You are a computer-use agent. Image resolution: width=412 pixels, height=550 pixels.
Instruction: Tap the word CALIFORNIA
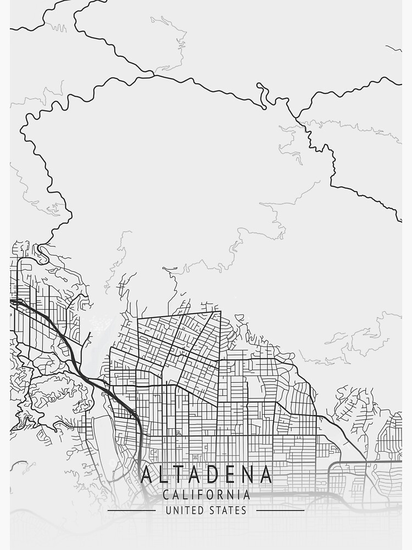pos(206,495)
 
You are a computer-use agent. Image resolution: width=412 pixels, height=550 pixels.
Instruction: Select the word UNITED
pos(184,510)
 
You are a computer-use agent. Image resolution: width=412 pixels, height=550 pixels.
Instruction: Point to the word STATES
pos(228,510)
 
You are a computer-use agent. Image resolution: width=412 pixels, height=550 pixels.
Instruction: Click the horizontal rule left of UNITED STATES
pos(131,510)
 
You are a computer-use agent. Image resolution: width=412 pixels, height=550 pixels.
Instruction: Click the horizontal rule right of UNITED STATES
pos(280,510)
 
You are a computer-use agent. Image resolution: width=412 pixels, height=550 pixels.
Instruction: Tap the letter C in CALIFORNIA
pos(166,495)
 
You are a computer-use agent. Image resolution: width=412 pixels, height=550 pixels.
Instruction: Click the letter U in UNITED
pos(168,510)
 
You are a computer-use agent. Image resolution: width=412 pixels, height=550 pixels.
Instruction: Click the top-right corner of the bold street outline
pos(220,311)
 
